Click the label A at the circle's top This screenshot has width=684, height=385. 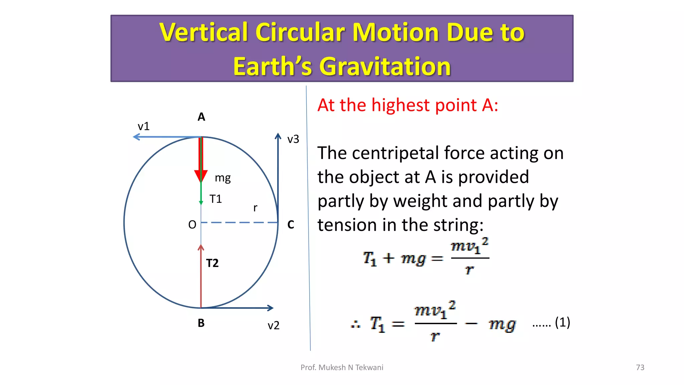[x=201, y=117]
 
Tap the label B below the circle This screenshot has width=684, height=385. [x=201, y=323]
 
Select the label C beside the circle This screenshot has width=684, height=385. [x=291, y=224]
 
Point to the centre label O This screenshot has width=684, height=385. [x=192, y=225]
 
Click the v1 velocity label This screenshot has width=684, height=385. [x=144, y=126]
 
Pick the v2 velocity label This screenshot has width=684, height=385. [x=274, y=326]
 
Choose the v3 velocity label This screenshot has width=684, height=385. [x=293, y=139]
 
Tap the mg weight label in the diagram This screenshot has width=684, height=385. [x=223, y=178]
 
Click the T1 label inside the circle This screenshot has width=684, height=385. [x=216, y=199]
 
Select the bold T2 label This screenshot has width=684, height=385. [x=212, y=263]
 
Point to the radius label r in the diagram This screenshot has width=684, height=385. [x=255, y=208]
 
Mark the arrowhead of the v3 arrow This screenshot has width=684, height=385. [x=278, y=136]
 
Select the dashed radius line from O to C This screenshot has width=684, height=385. [x=239, y=222]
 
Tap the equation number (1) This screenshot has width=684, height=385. [x=562, y=323]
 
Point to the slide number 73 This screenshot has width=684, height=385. [x=640, y=367]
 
